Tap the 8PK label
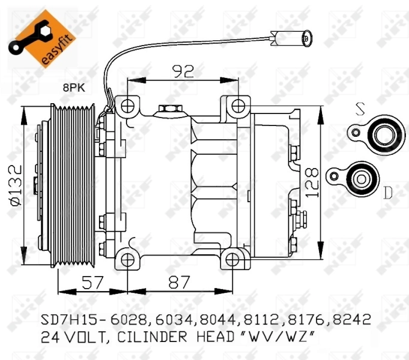point(74,88)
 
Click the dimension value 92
point(183,72)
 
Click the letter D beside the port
point(387,193)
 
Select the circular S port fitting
point(381,133)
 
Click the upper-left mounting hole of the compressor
point(127,107)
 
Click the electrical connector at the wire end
point(290,40)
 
